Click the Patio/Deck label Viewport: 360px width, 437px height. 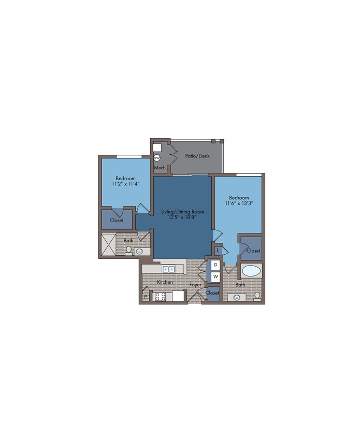(197, 156)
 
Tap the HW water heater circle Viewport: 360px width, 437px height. (157, 158)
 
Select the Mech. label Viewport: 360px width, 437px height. (161, 168)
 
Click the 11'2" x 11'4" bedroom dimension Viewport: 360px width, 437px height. (125, 184)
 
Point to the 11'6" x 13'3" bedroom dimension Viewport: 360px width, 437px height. (239, 203)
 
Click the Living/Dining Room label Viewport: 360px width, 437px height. (183, 212)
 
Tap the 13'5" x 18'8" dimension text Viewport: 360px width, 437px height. (183, 217)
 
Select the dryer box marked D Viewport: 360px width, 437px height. (215, 265)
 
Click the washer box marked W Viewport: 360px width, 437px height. (215, 277)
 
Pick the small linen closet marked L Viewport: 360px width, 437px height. (218, 250)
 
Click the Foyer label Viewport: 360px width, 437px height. (195, 285)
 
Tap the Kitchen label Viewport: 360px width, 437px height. (165, 282)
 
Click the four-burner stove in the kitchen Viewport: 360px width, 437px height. (161, 296)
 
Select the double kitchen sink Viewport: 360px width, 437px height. (169, 269)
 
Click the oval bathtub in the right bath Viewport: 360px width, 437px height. (252, 271)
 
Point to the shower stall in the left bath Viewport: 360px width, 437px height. (108, 245)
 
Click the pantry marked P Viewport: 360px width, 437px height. (145, 297)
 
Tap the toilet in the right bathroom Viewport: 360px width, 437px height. (257, 296)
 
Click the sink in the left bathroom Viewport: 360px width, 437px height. (139, 252)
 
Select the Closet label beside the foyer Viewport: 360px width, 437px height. (212, 293)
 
